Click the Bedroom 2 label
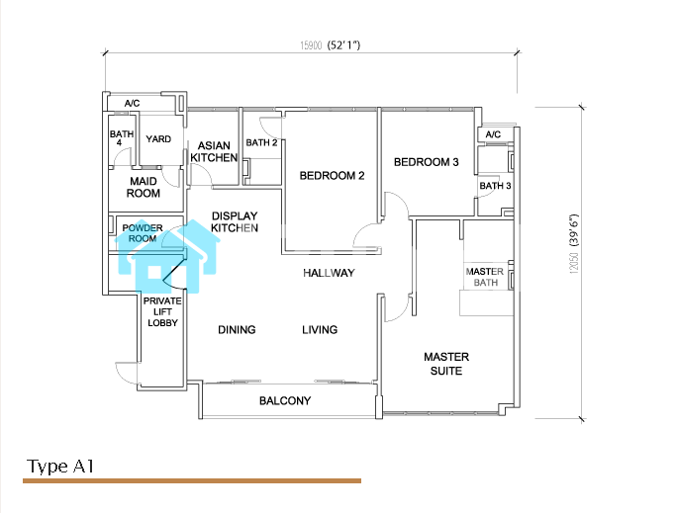pos(332,176)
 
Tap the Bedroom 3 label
pos(427,162)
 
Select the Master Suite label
pos(446,364)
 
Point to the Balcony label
pos(285,401)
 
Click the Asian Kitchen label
pos(214,152)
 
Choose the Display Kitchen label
pos(235,222)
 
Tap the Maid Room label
pos(144,188)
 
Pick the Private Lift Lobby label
pos(162,311)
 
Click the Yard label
pos(158,139)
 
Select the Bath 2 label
pos(261,142)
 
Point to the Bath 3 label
pos(495,186)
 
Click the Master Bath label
pos(485,277)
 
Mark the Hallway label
pos(329,273)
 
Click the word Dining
pos(237,330)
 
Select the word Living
pos(320,330)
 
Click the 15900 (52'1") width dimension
pos(331,45)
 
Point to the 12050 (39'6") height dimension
pos(573,243)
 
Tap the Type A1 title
pos(60,467)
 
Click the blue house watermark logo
pos(167,256)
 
